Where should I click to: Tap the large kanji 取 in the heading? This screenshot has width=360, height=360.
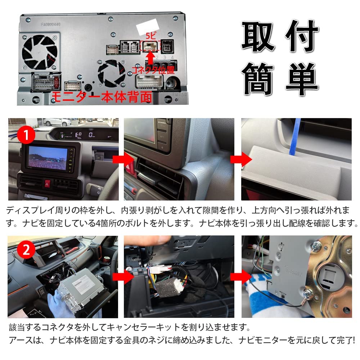pos(258,37)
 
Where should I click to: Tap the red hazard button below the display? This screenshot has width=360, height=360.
pos(47,182)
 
